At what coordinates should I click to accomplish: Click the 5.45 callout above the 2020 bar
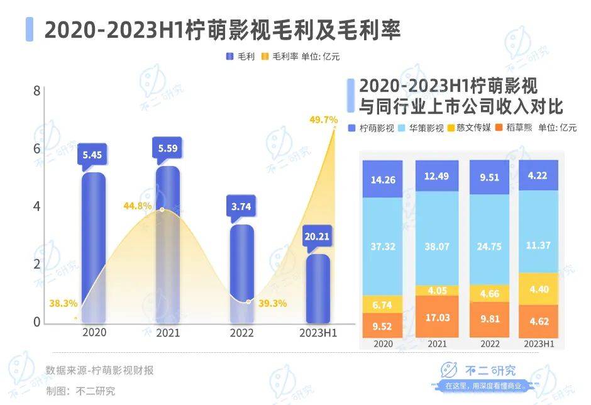coord(94,153)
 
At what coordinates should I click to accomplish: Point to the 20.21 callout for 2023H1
coord(317,237)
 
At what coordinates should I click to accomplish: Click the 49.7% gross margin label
coord(324,119)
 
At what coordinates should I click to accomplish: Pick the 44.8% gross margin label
coord(138,205)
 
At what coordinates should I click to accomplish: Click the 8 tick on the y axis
coord(36,91)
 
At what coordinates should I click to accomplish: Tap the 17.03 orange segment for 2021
coord(436,318)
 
